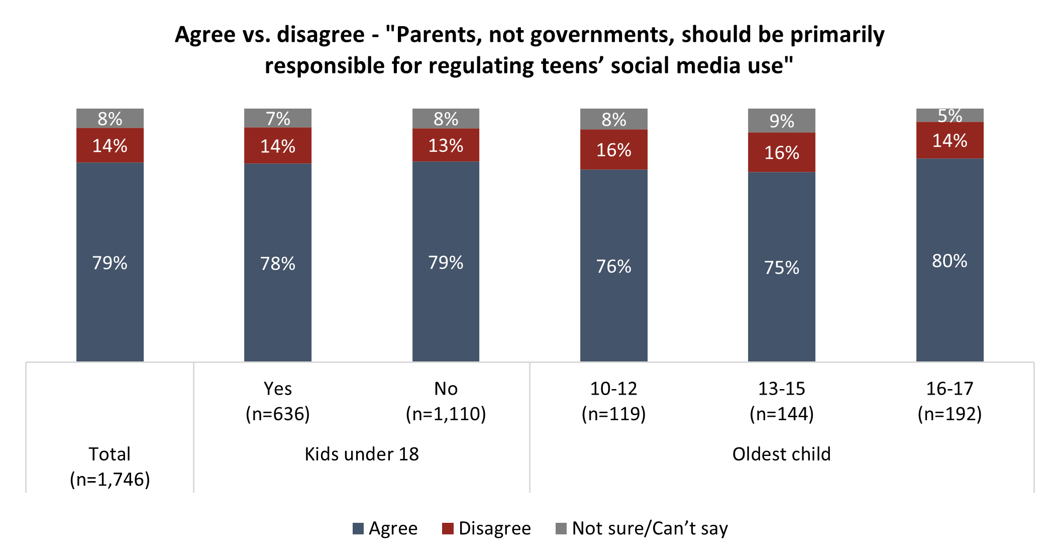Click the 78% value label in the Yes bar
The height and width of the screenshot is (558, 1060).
[x=278, y=263]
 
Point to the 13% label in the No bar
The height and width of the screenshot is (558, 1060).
[x=446, y=146]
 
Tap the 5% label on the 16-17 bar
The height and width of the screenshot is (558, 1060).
[x=949, y=116]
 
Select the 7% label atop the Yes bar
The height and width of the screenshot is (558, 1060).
[x=278, y=119]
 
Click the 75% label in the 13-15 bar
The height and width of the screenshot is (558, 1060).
[x=781, y=267]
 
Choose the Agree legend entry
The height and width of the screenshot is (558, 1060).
[x=385, y=528]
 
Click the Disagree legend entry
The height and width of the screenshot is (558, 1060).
[x=486, y=528]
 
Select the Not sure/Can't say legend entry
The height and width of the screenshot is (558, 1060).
[x=642, y=528]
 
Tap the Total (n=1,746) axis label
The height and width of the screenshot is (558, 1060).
[x=110, y=467]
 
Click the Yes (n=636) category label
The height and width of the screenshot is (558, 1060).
[x=278, y=401]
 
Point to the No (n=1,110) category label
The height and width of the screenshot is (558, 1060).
[x=446, y=401]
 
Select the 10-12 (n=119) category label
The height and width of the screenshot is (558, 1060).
[x=613, y=401]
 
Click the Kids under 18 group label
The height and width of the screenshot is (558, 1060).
[x=362, y=454]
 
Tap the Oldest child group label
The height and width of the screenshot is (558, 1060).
[x=781, y=454]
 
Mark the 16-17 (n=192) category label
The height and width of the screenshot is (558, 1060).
[x=949, y=401]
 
